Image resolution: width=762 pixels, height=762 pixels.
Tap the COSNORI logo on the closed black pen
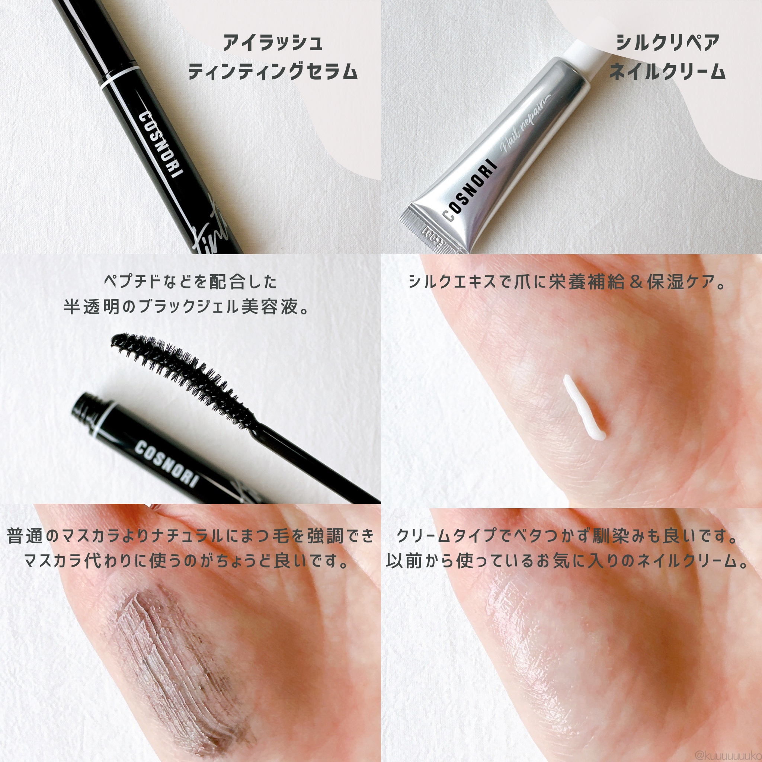pyautogui.click(x=158, y=144)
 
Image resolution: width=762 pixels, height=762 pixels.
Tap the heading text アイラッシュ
pyautogui.click(x=273, y=42)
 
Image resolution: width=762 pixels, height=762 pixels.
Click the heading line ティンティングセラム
pyautogui.click(x=273, y=72)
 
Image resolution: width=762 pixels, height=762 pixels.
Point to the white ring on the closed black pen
pyautogui.click(x=121, y=77)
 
